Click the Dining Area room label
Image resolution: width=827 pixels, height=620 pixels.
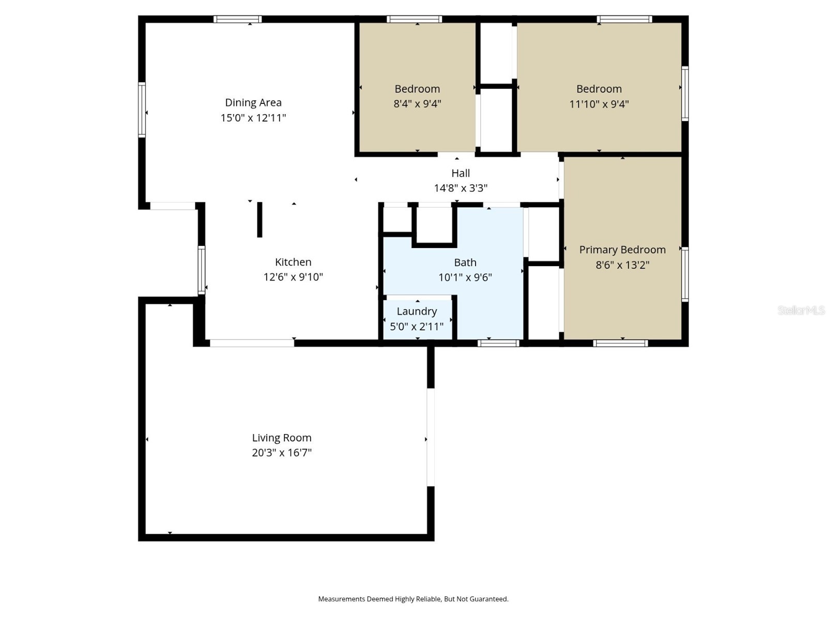pyautogui.click(x=253, y=102)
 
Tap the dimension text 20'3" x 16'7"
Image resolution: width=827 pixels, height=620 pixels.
pyautogui.click(x=282, y=452)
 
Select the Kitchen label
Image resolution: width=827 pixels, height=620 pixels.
pyautogui.click(x=293, y=262)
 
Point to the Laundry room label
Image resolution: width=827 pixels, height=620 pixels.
pyautogui.click(x=417, y=312)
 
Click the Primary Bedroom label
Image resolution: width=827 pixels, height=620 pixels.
pyautogui.click(x=622, y=250)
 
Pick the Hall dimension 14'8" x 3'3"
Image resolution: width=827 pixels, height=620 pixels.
pyautogui.click(x=461, y=188)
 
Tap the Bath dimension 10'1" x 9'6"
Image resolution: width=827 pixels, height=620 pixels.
pyautogui.click(x=465, y=277)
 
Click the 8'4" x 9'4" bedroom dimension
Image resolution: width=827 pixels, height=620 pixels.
pyautogui.click(x=418, y=103)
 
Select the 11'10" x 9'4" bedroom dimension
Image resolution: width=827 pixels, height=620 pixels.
pyautogui.click(x=599, y=104)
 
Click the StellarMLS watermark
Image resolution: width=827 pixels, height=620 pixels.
pyautogui.click(x=801, y=310)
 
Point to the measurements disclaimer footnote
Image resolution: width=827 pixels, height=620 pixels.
pyautogui.click(x=413, y=599)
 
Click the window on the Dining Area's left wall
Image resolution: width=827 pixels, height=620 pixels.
pyautogui.click(x=142, y=110)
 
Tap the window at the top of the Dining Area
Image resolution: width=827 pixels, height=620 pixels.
pyautogui.click(x=238, y=19)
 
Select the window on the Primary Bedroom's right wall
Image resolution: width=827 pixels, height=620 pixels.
pyautogui.click(x=685, y=274)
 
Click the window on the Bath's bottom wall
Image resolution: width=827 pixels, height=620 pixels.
pyautogui.click(x=498, y=343)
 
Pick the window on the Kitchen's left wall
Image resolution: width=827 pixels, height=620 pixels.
pyautogui.click(x=202, y=270)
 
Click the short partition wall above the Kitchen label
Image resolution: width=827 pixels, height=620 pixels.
pyautogui.click(x=259, y=220)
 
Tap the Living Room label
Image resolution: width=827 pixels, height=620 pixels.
pyautogui.click(x=282, y=438)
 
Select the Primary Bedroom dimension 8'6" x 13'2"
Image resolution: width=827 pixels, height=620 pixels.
pyautogui.click(x=622, y=265)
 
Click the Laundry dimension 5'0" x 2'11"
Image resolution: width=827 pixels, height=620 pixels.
pyautogui.click(x=417, y=327)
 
